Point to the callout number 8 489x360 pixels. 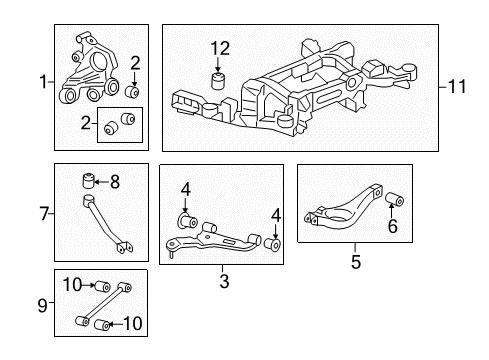click(x=114, y=181)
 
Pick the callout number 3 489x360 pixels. click(x=223, y=283)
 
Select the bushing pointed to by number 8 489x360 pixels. click(x=88, y=181)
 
